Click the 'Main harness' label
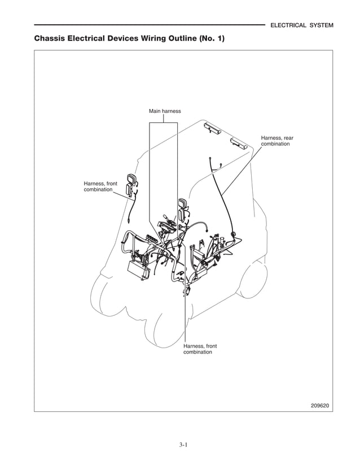pyautogui.click(x=165, y=111)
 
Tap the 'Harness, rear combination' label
pyautogui.click(x=276, y=141)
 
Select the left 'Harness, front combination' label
pyautogui.click(x=100, y=187)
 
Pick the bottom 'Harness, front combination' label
pyautogui.click(x=200, y=349)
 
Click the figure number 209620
pyautogui.click(x=321, y=405)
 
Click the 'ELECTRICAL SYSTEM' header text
pyautogui.click(x=302, y=25)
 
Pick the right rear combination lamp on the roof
pyautogui.click(x=239, y=142)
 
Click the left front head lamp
pyautogui.click(x=133, y=184)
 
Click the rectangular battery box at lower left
pyautogui.click(x=138, y=270)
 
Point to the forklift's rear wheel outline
pyautogui.click(x=251, y=288)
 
